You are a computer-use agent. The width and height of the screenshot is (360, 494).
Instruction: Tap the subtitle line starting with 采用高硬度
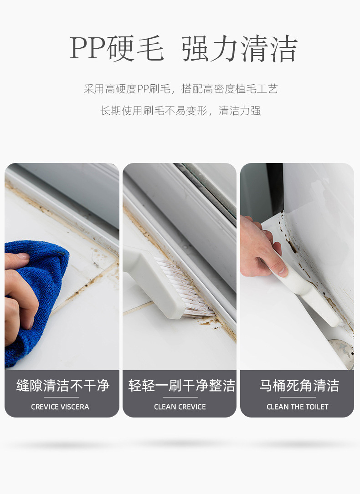(x=180, y=89)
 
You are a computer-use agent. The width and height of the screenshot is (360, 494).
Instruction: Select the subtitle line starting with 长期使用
(x=180, y=111)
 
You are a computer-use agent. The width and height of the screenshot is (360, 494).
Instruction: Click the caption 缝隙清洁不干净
(x=63, y=386)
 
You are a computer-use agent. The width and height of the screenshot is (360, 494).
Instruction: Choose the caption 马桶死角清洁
(x=299, y=386)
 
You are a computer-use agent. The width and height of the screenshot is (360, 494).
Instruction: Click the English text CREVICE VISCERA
(x=60, y=407)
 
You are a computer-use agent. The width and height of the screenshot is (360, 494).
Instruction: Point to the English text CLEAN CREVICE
(x=180, y=407)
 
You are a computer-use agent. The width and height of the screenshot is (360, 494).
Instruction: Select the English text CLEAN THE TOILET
(x=297, y=407)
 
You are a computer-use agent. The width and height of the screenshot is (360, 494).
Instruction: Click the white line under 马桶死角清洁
(x=298, y=397)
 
